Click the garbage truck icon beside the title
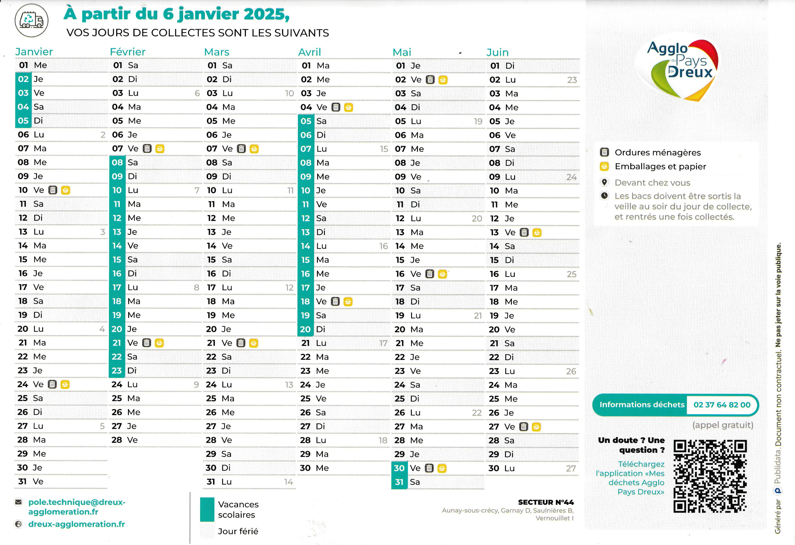coord(32,20)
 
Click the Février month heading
coord(127,52)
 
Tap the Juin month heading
coord(497,52)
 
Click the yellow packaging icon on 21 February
coord(159,343)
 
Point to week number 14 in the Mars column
coord(288,482)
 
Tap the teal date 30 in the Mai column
coord(399,468)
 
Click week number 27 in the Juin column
coord(571,469)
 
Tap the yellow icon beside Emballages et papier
coord(604,166)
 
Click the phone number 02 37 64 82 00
coord(722,405)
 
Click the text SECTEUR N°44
coord(546,502)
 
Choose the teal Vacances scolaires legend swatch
coord(207,509)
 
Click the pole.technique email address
coord(77,507)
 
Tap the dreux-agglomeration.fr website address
coord(77,524)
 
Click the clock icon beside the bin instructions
coord(604,196)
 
